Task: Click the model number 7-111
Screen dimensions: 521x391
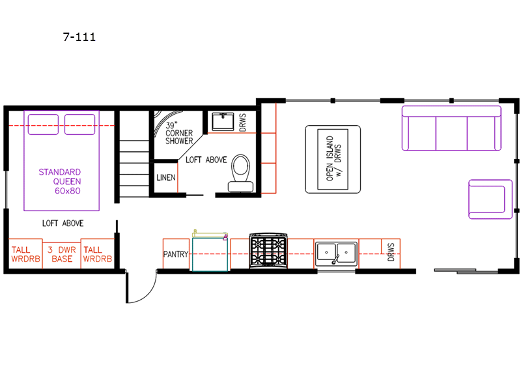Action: [79, 36]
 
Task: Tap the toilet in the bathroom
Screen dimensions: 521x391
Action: [240, 173]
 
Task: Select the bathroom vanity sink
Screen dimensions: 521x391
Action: [223, 121]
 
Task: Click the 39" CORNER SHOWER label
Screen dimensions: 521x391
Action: [179, 134]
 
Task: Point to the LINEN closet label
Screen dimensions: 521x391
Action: [166, 177]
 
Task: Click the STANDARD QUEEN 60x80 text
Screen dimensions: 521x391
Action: [60, 181]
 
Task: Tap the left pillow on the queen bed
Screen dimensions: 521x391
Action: [43, 124]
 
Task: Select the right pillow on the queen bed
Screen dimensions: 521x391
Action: [79, 124]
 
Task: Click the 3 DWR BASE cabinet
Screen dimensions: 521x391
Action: [62, 254]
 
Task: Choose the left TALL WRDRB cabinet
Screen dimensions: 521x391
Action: [25, 254]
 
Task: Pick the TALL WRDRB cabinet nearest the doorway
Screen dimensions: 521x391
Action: [97, 254]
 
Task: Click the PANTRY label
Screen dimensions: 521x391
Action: [176, 254]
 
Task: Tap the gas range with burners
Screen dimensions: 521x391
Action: [268, 250]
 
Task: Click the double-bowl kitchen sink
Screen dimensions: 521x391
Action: [336, 253]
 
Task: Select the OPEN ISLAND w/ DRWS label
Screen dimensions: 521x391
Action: [333, 158]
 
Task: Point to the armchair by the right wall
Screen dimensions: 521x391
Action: [490, 199]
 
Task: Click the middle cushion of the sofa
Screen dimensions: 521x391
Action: [451, 133]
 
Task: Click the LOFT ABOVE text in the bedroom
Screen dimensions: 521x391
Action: [63, 223]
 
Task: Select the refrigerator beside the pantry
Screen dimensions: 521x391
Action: [210, 252]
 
